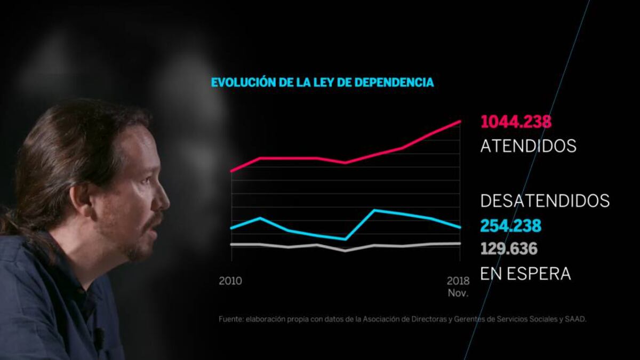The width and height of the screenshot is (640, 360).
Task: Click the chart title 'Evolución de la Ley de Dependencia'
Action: (x=322, y=83)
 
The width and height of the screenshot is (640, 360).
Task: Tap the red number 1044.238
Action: (x=516, y=122)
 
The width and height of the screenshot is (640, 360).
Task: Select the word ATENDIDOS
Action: (x=528, y=146)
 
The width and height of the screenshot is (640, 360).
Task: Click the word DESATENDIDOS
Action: (x=545, y=201)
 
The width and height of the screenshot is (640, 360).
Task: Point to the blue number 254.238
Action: (x=510, y=226)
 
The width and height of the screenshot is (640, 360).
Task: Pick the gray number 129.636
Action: (x=508, y=249)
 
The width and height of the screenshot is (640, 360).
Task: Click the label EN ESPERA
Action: (x=525, y=274)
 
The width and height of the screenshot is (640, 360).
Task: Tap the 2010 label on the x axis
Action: (x=230, y=281)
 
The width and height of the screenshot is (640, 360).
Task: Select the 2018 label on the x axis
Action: (x=457, y=281)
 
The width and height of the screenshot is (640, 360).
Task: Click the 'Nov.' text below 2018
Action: (x=458, y=294)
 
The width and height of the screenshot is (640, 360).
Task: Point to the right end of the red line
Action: (x=460, y=121)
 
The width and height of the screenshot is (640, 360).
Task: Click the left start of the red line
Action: (x=231, y=171)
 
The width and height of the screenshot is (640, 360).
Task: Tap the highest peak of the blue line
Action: (x=374, y=210)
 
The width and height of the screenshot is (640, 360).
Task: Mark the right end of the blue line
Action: (x=460, y=228)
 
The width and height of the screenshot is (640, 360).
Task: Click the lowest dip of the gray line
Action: (x=346, y=250)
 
